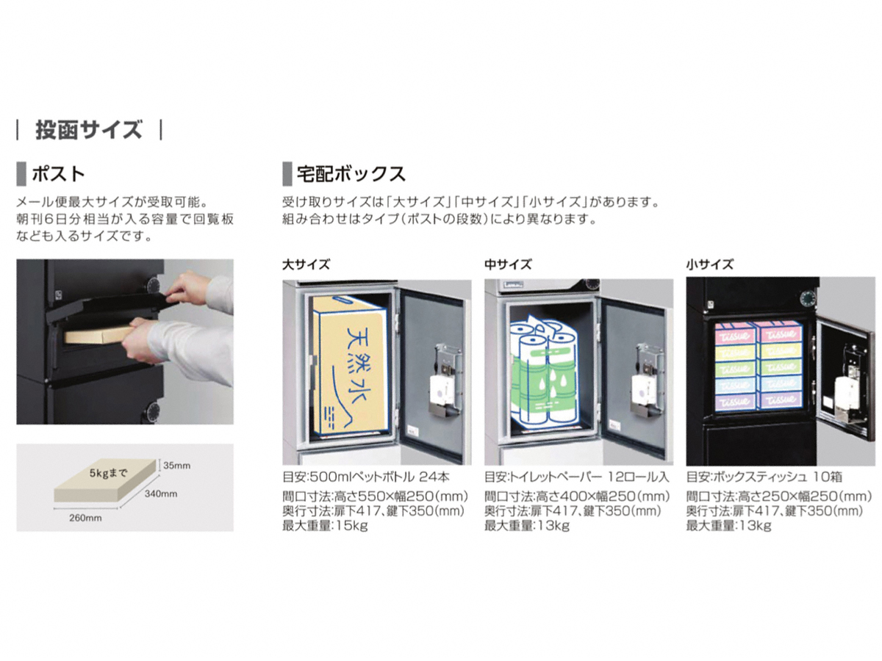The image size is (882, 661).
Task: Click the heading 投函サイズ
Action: (88, 130)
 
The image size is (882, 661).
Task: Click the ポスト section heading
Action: (58, 174)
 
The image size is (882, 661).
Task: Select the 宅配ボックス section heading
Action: (351, 174)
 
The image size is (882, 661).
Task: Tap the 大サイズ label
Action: (306, 264)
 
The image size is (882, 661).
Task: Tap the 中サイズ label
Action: (507, 264)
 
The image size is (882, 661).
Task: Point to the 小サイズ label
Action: (709, 264)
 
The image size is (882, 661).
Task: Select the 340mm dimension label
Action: (161, 494)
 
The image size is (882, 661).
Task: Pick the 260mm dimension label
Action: (85, 518)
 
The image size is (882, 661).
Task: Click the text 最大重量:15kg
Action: (325, 525)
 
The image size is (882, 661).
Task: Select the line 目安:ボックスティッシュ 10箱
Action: (764, 477)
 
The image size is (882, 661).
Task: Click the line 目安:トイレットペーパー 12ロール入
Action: (577, 477)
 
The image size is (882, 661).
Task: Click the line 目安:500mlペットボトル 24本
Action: (365, 477)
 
